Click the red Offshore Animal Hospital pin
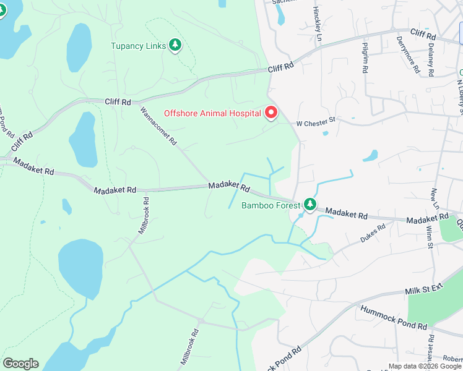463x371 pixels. [x=270, y=113]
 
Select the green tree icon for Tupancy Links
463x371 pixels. [x=176, y=45]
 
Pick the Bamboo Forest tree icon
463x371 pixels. [x=310, y=204]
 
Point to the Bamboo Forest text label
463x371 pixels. [x=270, y=205]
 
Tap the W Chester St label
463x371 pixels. [x=315, y=123]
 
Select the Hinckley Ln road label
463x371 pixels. [x=317, y=19]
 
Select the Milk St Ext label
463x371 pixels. [x=425, y=289]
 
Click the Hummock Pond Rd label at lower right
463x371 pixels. [x=393, y=317]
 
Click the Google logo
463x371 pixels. [x=20, y=364]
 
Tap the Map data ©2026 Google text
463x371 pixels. [x=425, y=366]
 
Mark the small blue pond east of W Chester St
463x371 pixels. [x=370, y=155]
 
